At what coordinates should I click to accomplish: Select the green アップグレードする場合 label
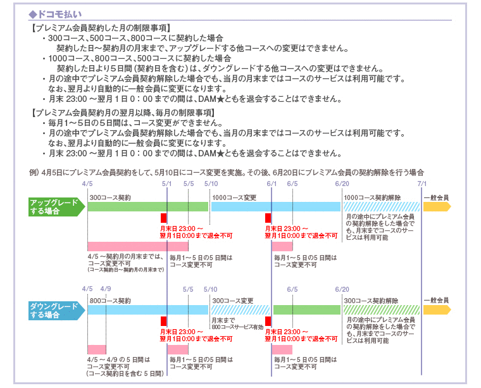tap(54, 206)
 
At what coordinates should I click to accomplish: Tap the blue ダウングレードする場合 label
tap(54, 310)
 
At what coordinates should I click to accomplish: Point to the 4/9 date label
tap(105, 289)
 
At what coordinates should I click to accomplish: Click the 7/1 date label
tap(422, 184)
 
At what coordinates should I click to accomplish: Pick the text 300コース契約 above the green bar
tap(110, 197)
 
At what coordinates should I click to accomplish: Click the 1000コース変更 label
tap(234, 197)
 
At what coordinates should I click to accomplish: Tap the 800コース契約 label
tap(110, 301)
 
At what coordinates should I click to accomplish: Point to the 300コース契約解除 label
tap(371, 301)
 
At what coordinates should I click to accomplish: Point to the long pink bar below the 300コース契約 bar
tap(137, 246)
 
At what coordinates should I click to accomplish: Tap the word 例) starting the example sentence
tap(34, 172)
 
